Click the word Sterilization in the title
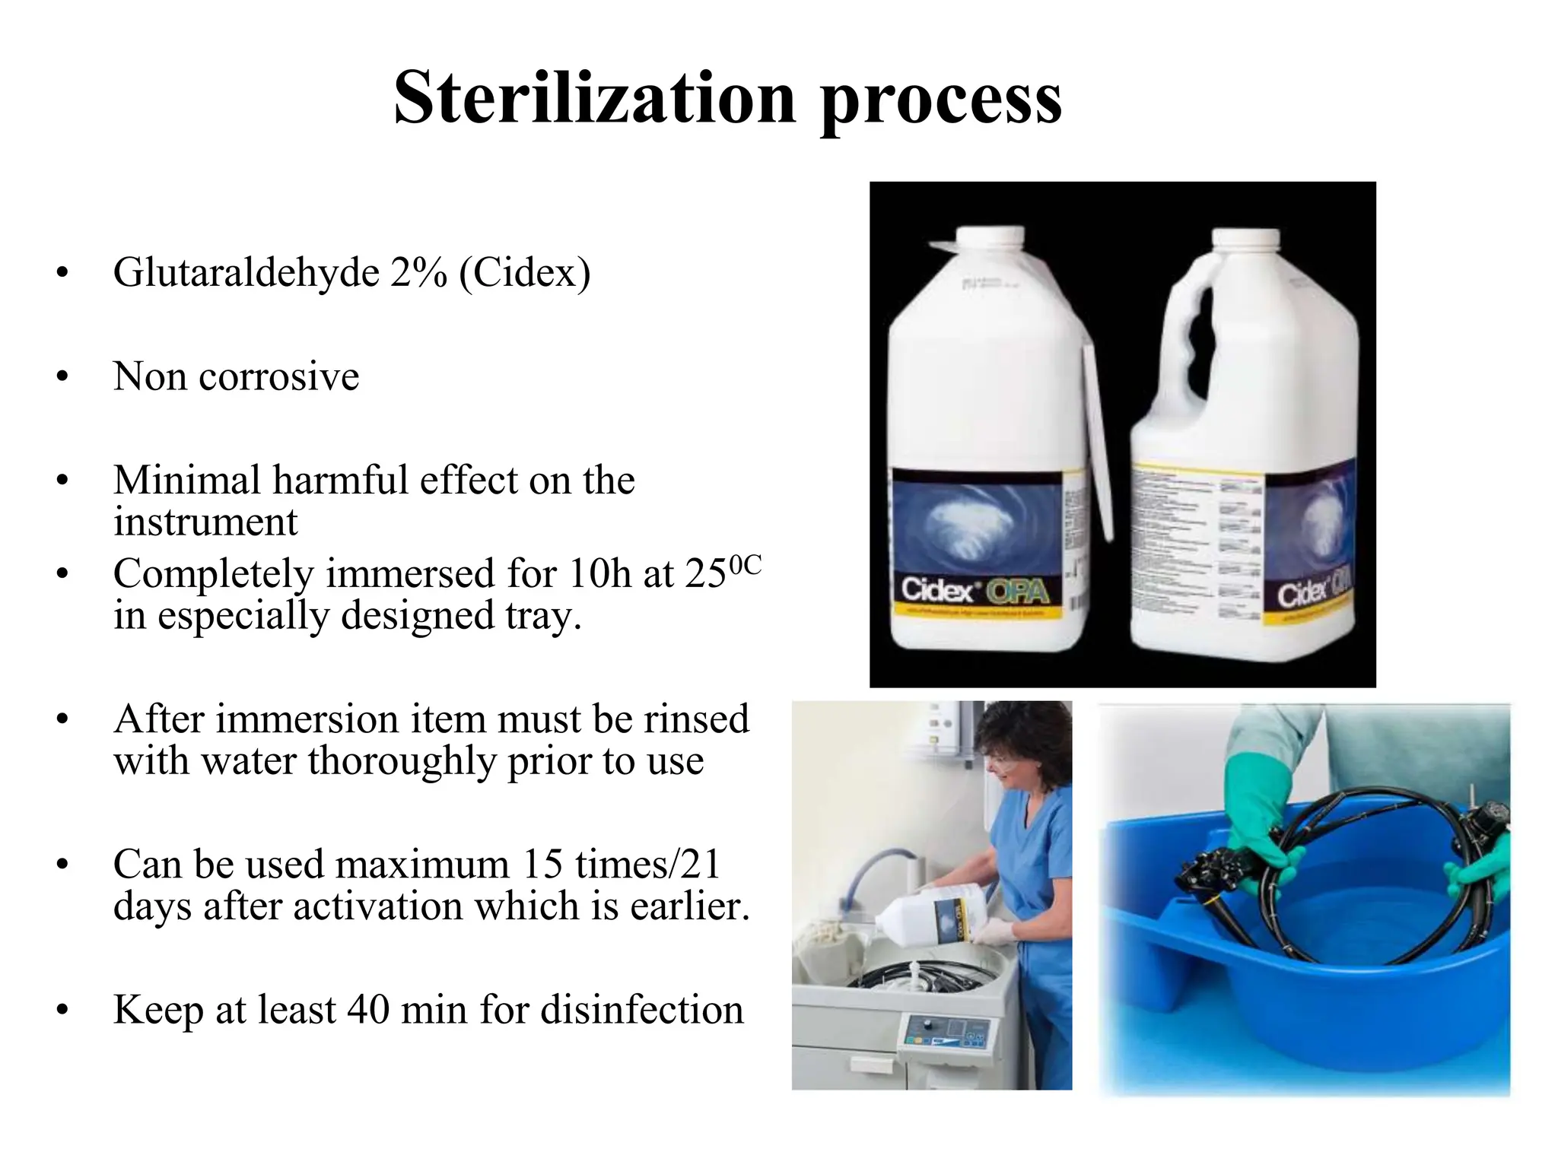pyautogui.click(x=593, y=99)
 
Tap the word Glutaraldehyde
pyautogui.click(x=246, y=274)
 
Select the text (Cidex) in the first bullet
pyautogui.click(x=524, y=274)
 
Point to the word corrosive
pyautogui.click(x=278, y=377)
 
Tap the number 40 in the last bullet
pyautogui.click(x=369, y=1011)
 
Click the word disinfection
pyautogui.click(x=642, y=1011)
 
